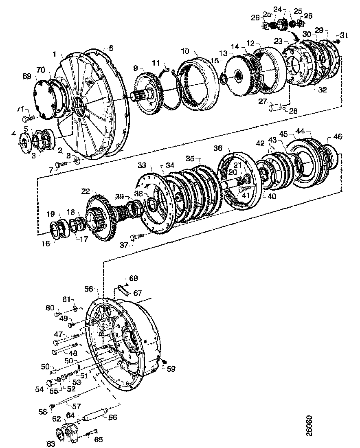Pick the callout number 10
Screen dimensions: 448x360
click(x=185, y=51)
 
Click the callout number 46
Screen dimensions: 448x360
click(x=338, y=136)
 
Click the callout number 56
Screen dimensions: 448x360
click(x=88, y=289)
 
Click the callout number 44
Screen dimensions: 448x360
click(x=301, y=131)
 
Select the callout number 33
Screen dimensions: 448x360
click(x=142, y=165)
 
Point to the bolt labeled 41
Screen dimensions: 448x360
click(x=243, y=190)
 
